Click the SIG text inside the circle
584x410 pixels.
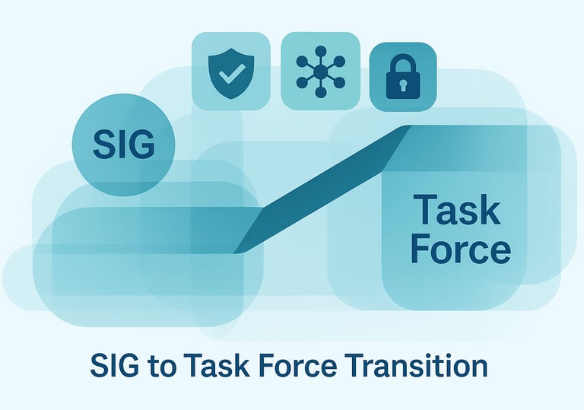click(123, 145)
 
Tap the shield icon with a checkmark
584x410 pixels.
click(231, 74)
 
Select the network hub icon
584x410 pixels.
click(321, 72)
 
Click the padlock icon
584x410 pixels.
click(402, 77)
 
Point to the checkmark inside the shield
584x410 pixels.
click(232, 74)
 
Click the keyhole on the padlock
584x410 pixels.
click(402, 86)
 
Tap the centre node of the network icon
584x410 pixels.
click(321, 72)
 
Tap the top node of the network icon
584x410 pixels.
click(321, 50)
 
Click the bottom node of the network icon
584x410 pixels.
click(321, 93)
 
